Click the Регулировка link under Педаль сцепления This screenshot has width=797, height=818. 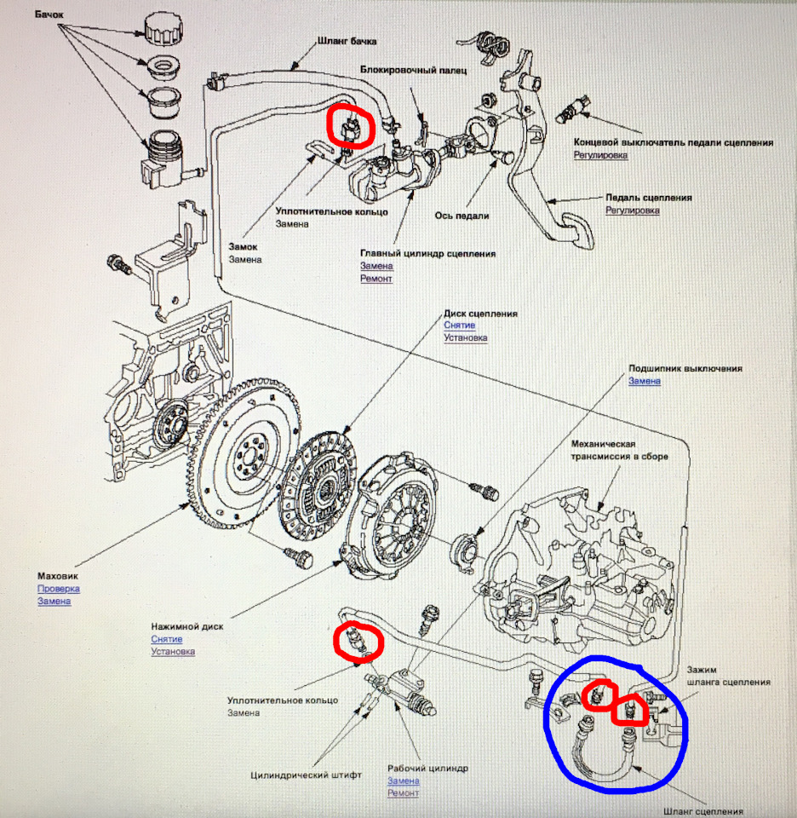(634, 210)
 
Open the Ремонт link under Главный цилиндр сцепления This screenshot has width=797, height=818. (376, 279)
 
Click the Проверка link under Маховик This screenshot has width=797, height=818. (58, 588)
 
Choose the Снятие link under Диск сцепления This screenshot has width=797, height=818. (459, 325)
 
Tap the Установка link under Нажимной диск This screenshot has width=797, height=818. (173, 652)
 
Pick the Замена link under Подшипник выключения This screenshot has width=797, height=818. (645, 381)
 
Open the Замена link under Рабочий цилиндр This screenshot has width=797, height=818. (404, 781)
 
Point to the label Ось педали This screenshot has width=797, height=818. (462, 216)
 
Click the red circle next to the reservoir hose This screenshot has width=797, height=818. (350, 127)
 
